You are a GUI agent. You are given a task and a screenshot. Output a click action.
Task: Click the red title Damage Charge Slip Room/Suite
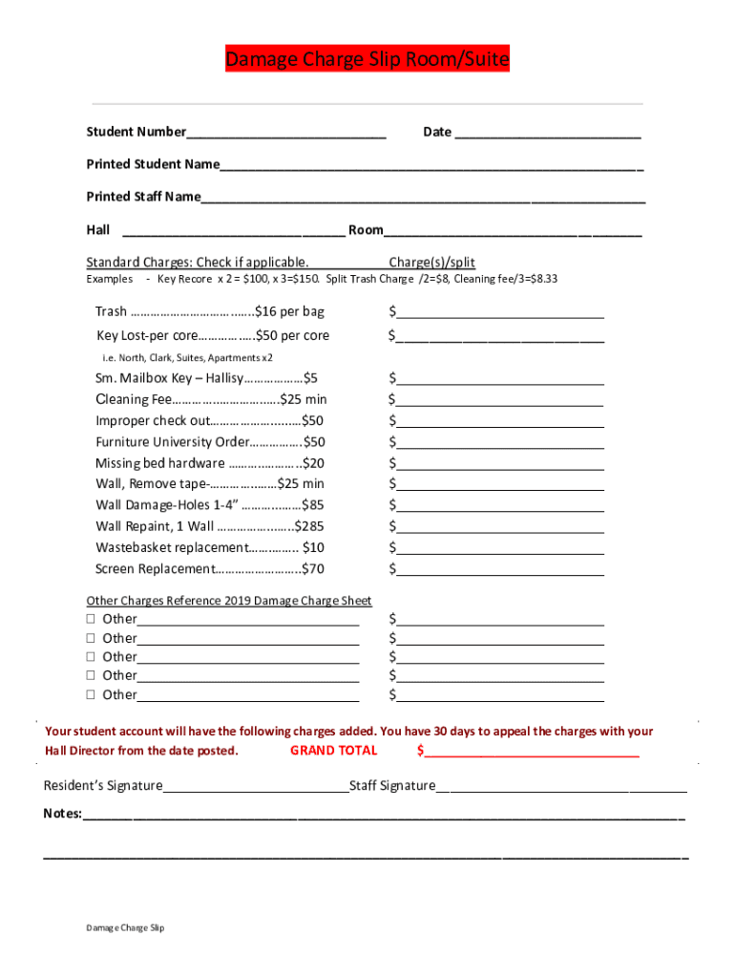[x=367, y=60]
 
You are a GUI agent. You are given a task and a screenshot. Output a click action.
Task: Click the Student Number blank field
[x=286, y=133]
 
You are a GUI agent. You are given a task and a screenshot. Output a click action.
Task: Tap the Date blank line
[x=548, y=133]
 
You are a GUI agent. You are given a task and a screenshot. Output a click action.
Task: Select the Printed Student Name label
[x=153, y=164]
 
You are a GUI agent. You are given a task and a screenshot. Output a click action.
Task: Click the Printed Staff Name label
[x=143, y=197]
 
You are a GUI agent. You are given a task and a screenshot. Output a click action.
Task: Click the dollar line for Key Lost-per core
[x=499, y=336]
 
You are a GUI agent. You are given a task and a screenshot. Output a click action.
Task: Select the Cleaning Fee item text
[x=134, y=399]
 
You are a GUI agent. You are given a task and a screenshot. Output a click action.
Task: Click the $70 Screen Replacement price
[x=312, y=569]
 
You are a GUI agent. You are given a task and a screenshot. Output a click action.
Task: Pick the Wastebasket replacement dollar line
[x=499, y=548]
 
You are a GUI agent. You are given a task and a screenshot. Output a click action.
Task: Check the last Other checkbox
[x=91, y=695]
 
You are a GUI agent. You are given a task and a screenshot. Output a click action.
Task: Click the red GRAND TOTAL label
[x=333, y=751]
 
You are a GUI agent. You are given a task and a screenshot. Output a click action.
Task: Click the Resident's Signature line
[x=256, y=786]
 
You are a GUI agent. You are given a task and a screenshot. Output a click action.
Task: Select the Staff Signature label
[x=392, y=786]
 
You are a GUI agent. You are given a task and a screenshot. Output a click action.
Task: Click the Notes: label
[x=63, y=815]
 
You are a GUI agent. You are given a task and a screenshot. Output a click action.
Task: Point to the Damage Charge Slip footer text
[x=125, y=927]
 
